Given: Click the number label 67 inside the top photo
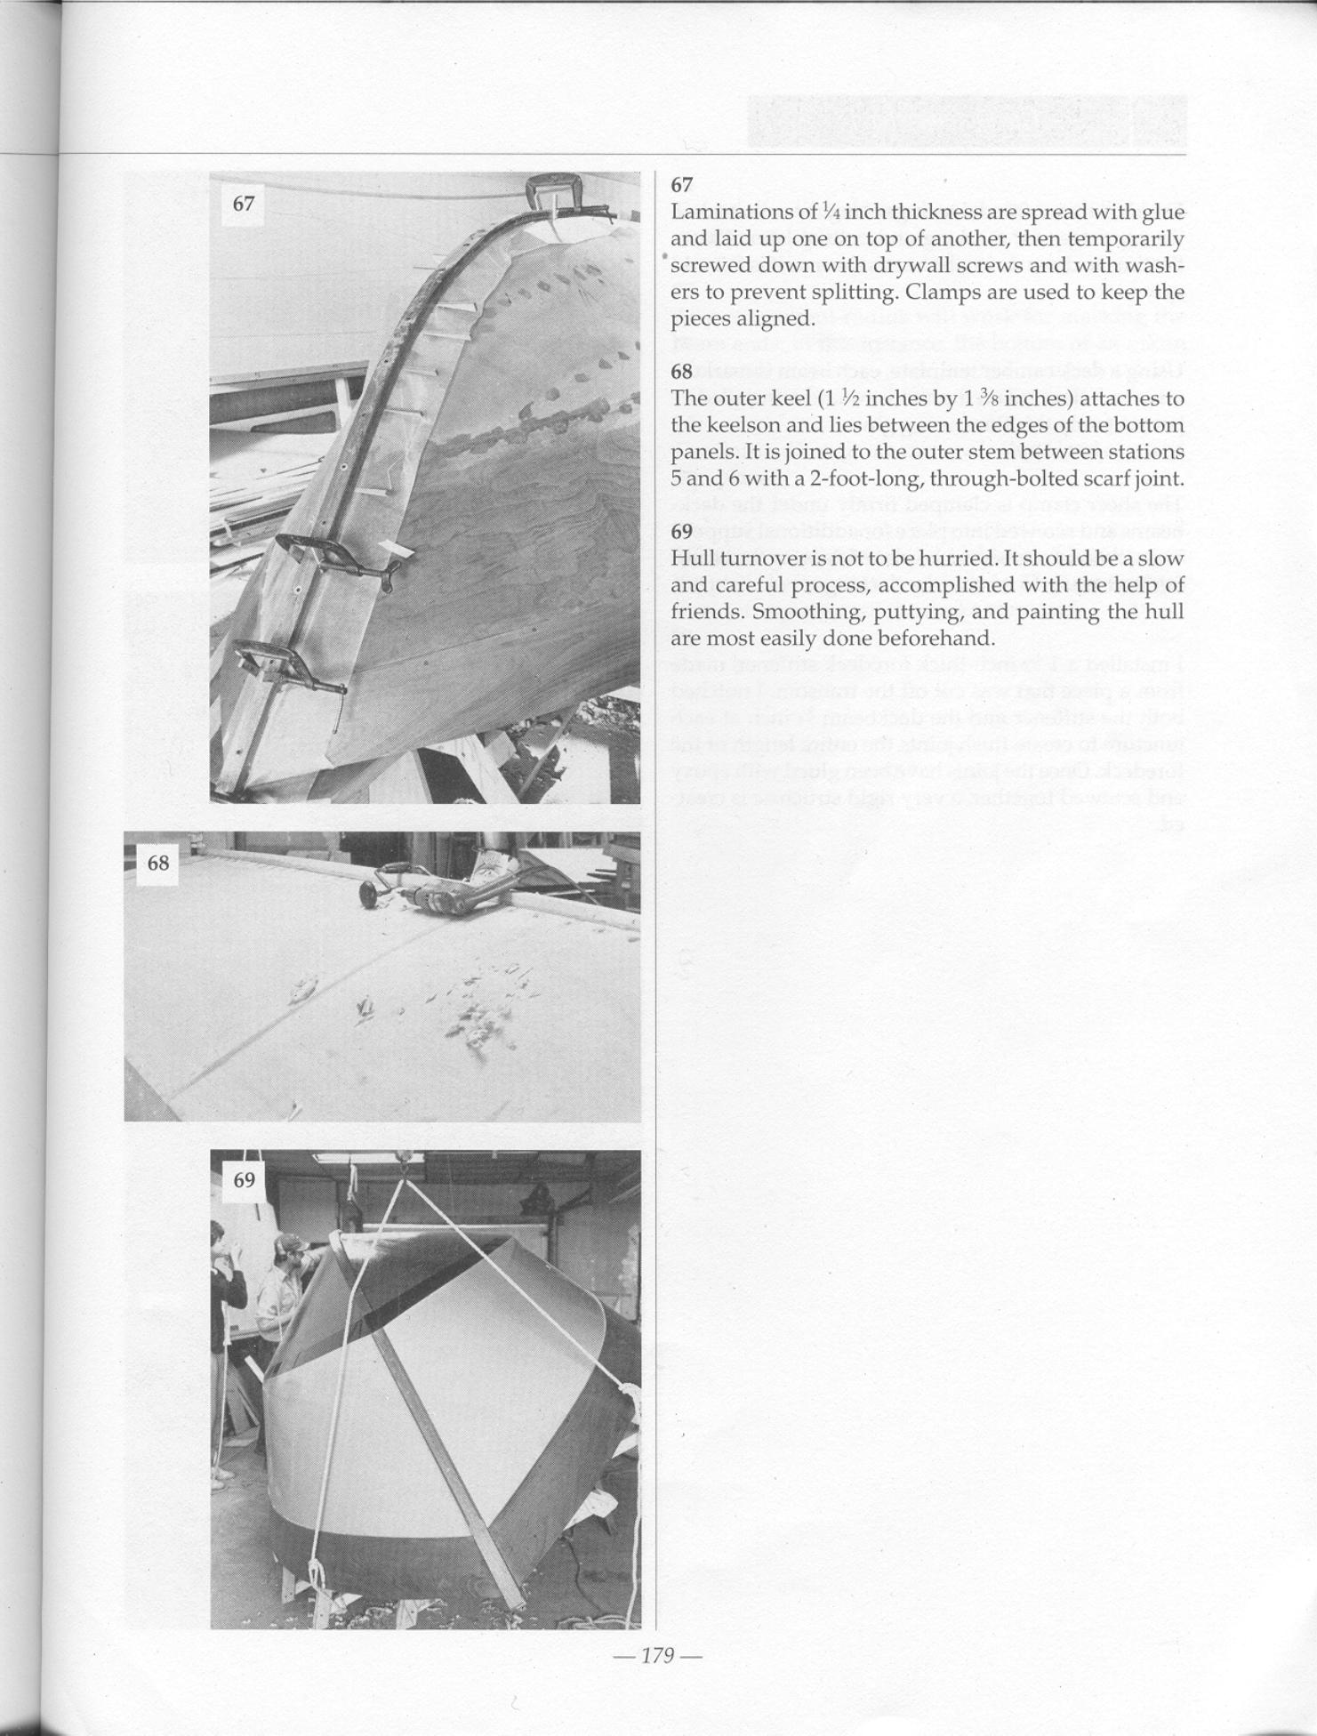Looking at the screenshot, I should click(x=244, y=204).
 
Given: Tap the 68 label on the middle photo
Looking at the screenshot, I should click(x=157, y=863).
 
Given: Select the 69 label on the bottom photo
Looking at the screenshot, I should click(x=244, y=1180).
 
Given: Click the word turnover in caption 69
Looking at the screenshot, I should click(x=747, y=559).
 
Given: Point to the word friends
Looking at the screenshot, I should click(x=706, y=613).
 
